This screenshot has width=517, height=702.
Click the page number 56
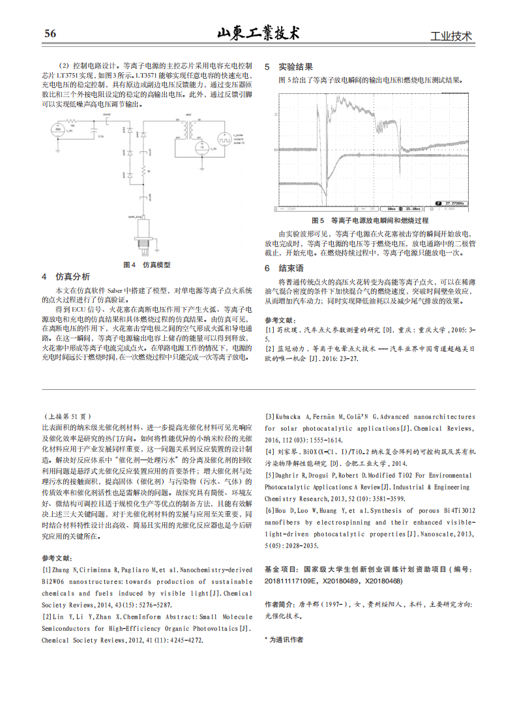point(50,34)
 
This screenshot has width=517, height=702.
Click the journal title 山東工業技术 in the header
point(258,33)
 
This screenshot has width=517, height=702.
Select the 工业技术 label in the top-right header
point(451,37)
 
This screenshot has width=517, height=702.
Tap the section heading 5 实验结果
point(288,66)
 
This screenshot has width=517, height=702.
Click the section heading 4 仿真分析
point(66,276)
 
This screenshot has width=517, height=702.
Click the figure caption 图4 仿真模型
point(147,265)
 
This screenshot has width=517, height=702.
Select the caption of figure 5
point(370,220)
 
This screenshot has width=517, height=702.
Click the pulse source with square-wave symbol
point(222,139)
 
